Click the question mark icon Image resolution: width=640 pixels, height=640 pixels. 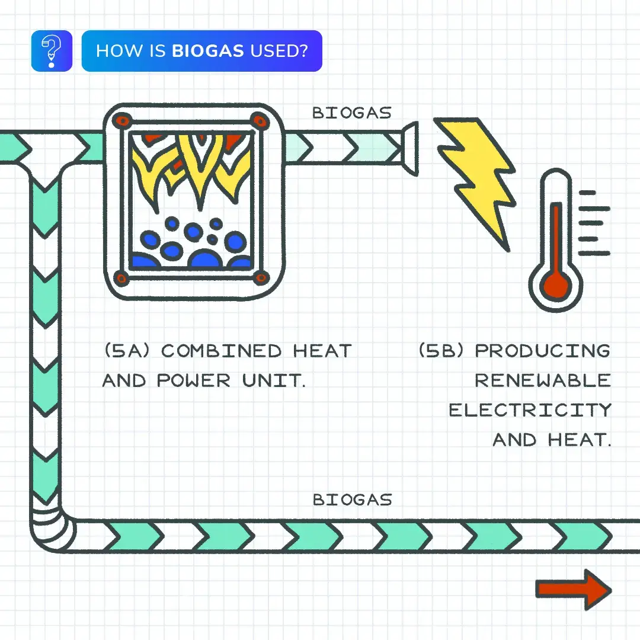point(52,51)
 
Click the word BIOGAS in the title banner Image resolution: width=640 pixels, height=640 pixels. point(207,51)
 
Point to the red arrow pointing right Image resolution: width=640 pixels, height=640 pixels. point(572,589)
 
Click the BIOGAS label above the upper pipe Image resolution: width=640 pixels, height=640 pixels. point(352,113)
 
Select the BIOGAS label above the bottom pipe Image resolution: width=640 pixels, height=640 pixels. point(352,500)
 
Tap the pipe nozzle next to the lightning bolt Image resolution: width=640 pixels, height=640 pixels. point(409,148)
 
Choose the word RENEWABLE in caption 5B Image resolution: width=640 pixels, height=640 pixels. point(542,380)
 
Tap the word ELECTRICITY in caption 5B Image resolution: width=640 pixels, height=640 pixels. point(530,410)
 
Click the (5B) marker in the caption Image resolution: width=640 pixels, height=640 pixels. point(443,351)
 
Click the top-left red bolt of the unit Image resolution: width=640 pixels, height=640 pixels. point(121,120)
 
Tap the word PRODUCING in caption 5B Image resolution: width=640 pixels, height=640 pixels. point(542,351)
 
